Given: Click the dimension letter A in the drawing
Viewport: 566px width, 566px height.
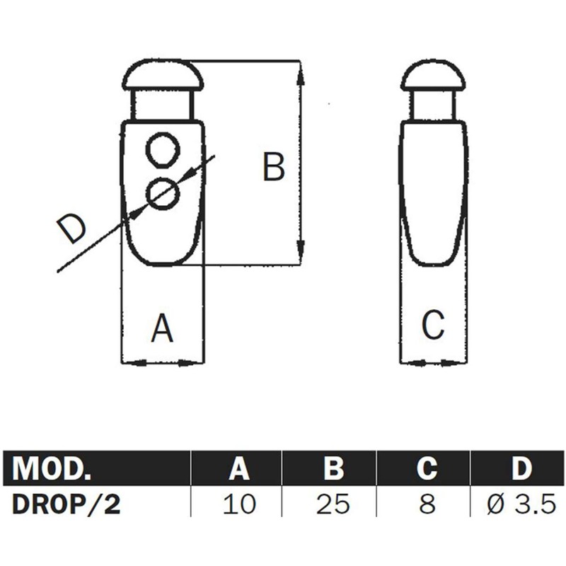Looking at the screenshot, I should tap(163, 328).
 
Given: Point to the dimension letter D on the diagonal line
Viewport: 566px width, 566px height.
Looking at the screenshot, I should tap(71, 230).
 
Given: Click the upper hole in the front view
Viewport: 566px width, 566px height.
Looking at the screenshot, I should tap(163, 149).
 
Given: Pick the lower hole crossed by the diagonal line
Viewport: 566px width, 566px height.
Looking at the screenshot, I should tap(163, 192).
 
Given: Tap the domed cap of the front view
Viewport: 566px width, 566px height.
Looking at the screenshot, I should tap(163, 76).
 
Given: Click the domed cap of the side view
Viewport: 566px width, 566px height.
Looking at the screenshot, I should tap(432, 76).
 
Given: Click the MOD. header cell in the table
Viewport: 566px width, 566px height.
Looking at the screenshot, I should tap(53, 468).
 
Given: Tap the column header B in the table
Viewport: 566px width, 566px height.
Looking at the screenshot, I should tap(333, 468).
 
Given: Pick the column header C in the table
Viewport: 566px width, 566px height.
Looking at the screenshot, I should tap(427, 468).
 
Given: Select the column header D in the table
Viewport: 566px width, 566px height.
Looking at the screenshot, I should tap(521, 468).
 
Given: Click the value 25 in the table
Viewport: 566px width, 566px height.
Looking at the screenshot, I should tap(333, 504).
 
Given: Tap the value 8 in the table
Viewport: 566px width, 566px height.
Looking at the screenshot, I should tap(427, 504).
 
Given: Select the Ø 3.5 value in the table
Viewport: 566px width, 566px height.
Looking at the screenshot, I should tap(521, 504).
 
